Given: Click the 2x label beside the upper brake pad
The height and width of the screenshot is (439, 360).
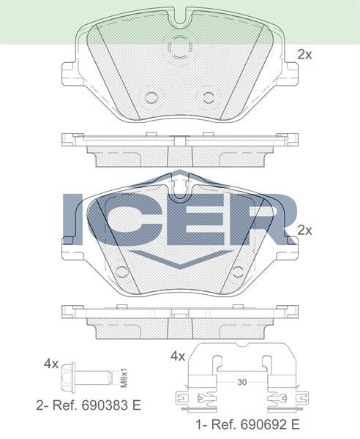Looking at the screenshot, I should tap(304, 54).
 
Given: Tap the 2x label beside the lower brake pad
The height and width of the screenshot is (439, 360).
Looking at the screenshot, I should tap(304, 230).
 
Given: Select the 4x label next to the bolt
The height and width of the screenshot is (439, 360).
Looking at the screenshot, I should tap(50, 364).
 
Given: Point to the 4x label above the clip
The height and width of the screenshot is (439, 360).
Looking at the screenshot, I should tap(177, 356).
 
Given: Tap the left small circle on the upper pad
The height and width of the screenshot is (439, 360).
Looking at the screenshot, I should tap(152, 97).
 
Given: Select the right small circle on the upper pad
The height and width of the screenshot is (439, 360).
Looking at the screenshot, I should tap(209, 97).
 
